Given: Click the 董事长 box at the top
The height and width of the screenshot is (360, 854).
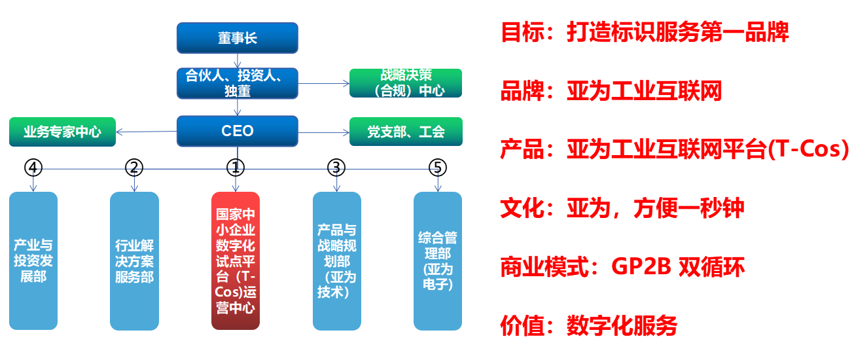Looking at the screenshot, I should click(238, 38).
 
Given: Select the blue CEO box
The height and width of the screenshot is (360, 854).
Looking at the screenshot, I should click(238, 131).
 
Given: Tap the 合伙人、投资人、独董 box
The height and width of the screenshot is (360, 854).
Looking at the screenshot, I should click(238, 84).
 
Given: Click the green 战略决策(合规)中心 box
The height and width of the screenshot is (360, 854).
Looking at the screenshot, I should click(406, 83).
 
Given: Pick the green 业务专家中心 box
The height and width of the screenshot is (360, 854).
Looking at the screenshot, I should click(62, 132).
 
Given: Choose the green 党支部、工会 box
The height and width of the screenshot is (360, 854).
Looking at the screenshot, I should click(406, 132).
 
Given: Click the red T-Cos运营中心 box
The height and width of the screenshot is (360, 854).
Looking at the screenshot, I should click(236, 261).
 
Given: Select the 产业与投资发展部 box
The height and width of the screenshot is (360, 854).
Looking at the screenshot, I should click(33, 261).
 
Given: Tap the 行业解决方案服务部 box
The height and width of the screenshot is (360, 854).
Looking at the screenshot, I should click(134, 261).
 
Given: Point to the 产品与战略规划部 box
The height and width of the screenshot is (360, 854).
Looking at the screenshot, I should click(336, 261).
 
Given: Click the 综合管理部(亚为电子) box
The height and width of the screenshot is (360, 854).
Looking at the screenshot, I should click(438, 261).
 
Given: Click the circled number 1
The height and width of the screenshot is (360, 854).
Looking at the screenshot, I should click(236, 168).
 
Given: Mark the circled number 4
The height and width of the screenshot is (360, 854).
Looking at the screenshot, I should click(33, 168).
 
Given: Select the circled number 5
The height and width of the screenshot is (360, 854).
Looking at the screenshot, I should click(438, 168).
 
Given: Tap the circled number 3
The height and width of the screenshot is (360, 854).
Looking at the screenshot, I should click(336, 168).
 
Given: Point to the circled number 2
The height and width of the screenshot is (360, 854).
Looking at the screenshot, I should click(134, 168).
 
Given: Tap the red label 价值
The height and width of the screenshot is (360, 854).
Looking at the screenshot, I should click(522, 325).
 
